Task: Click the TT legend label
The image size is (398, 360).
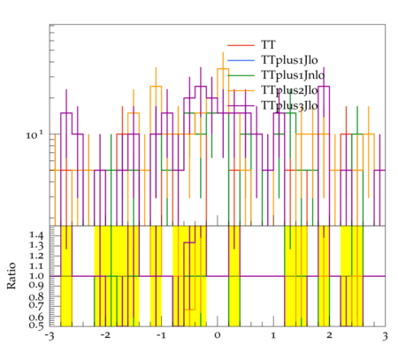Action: tap(268, 45)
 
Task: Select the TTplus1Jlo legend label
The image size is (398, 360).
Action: tap(289, 60)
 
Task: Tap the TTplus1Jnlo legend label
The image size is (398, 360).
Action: tap(293, 75)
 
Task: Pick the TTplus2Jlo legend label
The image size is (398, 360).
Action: tap(289, 90)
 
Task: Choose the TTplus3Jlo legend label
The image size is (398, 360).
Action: tap(289, 105)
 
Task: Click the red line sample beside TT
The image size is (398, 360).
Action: tap(241, 45)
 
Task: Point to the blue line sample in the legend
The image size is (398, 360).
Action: tap(241, 60)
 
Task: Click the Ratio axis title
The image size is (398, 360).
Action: tap(11, 276)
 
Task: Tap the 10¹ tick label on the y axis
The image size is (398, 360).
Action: tap(34, 135)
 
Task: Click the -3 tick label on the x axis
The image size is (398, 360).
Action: tap(50, 336)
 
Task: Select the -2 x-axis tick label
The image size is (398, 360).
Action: tap(105, 335)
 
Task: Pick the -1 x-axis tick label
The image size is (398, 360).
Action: tap(161, 335)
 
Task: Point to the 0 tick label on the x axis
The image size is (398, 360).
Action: tap(218, 335)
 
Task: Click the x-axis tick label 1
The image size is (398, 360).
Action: tap(273, 335)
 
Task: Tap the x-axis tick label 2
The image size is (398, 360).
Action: tap(329, 335)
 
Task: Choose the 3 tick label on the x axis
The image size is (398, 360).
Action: tap(385, 336)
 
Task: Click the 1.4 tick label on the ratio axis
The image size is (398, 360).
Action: tap(36, 235)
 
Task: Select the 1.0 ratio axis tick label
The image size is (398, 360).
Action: tap(36, 276)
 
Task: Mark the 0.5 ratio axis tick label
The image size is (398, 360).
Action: tap(36, 326)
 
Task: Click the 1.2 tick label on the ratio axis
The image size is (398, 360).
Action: tap(36, 256)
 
